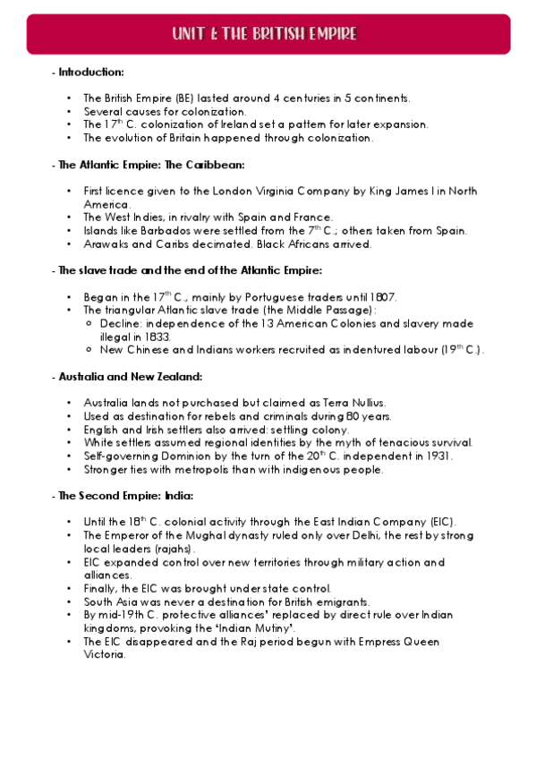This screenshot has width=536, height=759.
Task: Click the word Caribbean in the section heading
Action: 212,165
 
